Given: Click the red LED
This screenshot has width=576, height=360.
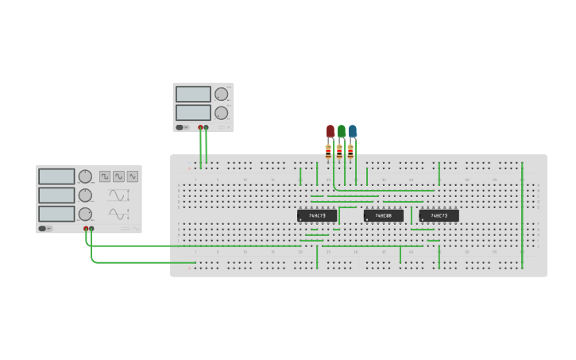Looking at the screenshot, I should (331, 130).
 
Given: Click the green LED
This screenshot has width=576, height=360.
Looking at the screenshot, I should (342, 130).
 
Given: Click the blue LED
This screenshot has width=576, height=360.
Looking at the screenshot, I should (353, 130).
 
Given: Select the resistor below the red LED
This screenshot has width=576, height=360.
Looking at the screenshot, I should (328, 149).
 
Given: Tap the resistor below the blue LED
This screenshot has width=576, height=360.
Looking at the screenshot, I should (350, 149).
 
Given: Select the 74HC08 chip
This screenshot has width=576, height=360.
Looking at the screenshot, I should (384, 215).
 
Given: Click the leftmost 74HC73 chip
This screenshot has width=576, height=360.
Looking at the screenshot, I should (317, 215).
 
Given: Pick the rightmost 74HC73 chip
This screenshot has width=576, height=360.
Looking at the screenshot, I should (439, 215).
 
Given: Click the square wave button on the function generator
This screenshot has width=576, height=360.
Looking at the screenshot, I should (105, 176).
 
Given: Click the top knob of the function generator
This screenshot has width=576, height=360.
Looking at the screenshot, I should (85, 176).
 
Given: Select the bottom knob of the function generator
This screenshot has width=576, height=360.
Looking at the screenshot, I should (85, 214).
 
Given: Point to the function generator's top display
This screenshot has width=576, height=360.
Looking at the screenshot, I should (56, 176).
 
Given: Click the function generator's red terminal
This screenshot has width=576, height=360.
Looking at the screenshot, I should (86, 229).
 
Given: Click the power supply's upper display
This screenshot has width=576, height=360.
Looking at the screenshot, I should (193, 95).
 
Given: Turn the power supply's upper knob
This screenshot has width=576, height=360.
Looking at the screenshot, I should (221, 95).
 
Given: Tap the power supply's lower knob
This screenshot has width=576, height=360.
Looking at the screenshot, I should (221, 113).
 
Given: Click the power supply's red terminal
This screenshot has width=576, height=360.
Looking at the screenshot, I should (200, 127).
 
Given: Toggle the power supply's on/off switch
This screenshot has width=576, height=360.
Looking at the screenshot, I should (182, 127).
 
